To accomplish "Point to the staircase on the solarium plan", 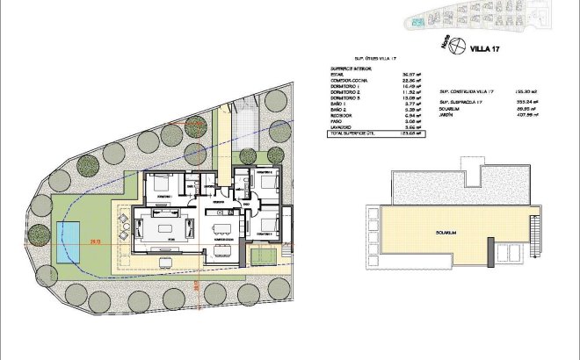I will (533, 237).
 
